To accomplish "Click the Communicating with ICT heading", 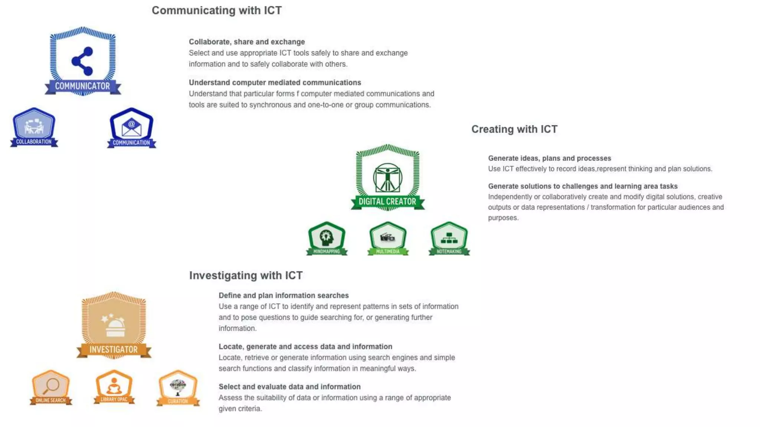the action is coord(217,10).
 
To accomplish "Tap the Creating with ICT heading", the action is coord(514,129).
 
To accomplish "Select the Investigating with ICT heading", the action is coord(246,275).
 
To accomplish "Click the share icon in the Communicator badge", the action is coord(82,61).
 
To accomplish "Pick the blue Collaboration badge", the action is coord(34,127).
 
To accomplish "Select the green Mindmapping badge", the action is coord(327,238).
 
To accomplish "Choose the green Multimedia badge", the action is coord(388,238).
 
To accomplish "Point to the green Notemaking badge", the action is coord(449,238).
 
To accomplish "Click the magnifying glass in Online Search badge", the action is coord(50,386).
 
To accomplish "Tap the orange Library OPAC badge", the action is coord(114,387).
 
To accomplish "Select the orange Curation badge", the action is coord(178,387).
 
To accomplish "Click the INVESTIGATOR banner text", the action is coord(114,350).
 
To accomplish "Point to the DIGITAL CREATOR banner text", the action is coord(387,202).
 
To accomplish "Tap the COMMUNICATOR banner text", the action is coord(82,86).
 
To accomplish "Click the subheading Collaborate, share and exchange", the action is coord(247,42).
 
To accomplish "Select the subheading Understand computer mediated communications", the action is coord(275,83).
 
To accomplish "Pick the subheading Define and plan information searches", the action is coord(284,295).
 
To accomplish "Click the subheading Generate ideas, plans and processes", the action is coord(549,158).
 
